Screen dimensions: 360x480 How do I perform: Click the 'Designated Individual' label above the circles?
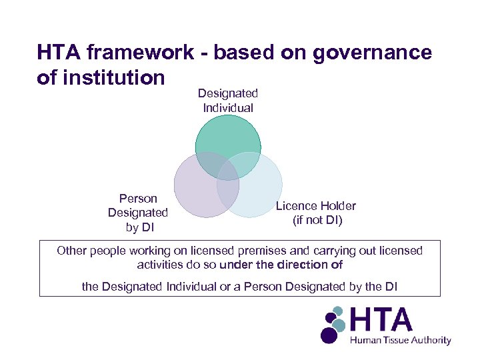pyautogui.click(x=228, y=101)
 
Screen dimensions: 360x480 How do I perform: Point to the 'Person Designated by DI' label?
pyautogui.click(x=138, y=213)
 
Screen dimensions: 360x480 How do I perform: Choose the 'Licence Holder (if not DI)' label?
pyautogui.click(x=316, y=213)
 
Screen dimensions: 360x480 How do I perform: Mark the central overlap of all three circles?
pyautogui.click(x=228, y=170)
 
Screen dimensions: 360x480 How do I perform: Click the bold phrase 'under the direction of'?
pyautogui.click(x=281, y=265)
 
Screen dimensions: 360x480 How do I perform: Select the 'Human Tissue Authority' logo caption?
pyautogui.click(x=401, y=340)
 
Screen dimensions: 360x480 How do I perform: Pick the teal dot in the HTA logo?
pyautogui.click(x=339, y=325)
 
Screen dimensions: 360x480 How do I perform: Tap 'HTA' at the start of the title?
pyautogui.click(x=59, y=52)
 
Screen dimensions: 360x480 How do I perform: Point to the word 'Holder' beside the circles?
pyautogui.click(x=339, y=206)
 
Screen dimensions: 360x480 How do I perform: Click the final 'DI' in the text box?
pyautogui.click(x=391, y=286)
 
